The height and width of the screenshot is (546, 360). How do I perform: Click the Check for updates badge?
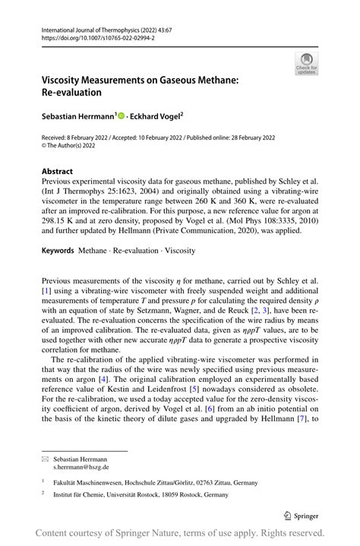[306, 63]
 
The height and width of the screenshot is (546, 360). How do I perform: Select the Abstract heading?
[58, 172]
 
